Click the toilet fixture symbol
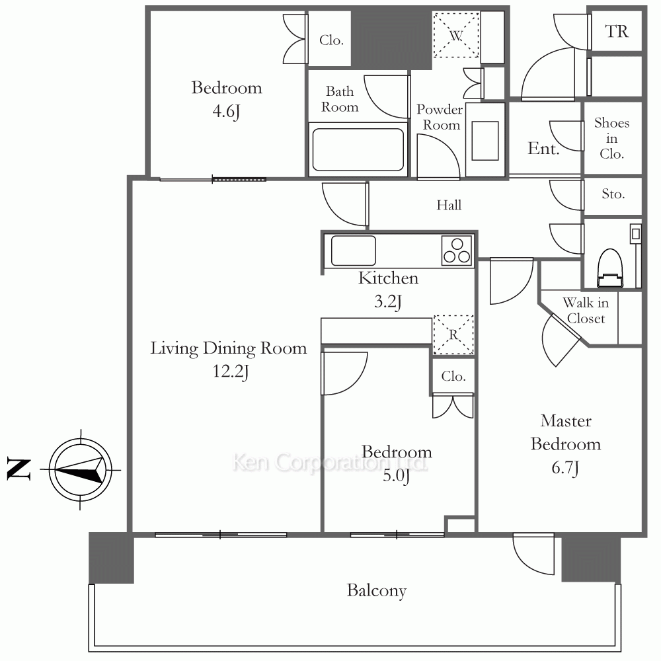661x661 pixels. coord(610,268)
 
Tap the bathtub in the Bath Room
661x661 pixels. coord(358,149)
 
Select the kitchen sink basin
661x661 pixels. coord(353,251)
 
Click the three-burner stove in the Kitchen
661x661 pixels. coord(457,251)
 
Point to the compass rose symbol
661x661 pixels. coord(81,469)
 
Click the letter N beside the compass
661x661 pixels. coord(19,469)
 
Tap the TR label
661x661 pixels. coord(616,31)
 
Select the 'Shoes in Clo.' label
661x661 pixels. coord(611,138)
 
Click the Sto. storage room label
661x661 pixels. coord(613,194)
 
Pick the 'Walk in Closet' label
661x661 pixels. coord(586,310)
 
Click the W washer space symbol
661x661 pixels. coord(456,36)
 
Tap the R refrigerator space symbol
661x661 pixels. coord(453,334)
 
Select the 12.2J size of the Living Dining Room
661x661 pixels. coord(231,371)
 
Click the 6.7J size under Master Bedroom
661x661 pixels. coord(565,467)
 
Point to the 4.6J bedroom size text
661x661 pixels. coord(226,111)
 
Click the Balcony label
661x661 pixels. coord(377,590)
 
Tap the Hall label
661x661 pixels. coord(449,206)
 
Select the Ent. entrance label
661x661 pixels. coord(543,148)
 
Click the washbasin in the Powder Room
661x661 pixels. coord(485,140)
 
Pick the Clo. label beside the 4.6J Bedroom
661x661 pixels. coord(331,40)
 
